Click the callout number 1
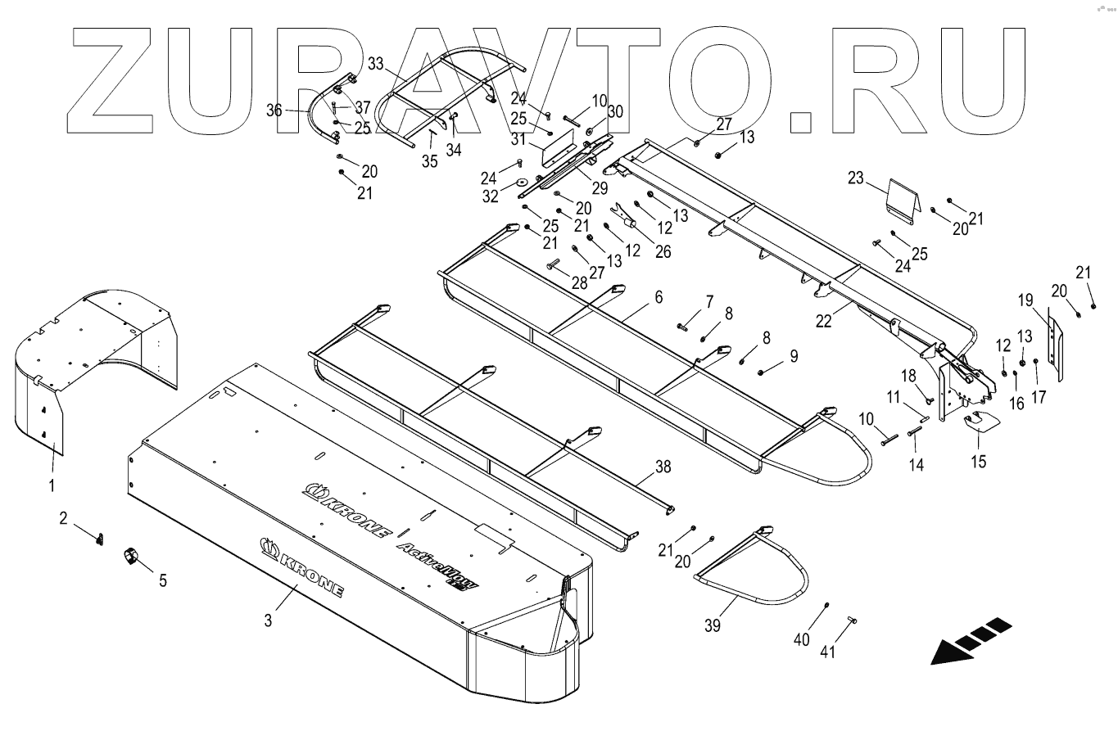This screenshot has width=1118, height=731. (x=52, y=485)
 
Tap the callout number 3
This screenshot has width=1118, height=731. (x=267, y=620)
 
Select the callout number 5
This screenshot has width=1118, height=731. (x=162, y=580)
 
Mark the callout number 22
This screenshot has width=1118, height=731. (x=825, y=322)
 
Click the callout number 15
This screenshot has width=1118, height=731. (x=979, y=462)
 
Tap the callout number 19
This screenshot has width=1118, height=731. (x=1026, y=300)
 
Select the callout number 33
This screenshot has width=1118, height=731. (x=376, y=63)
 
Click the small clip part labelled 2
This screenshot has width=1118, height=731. (x=99, y=538)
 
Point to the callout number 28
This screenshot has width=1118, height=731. (x=580, y=283)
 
